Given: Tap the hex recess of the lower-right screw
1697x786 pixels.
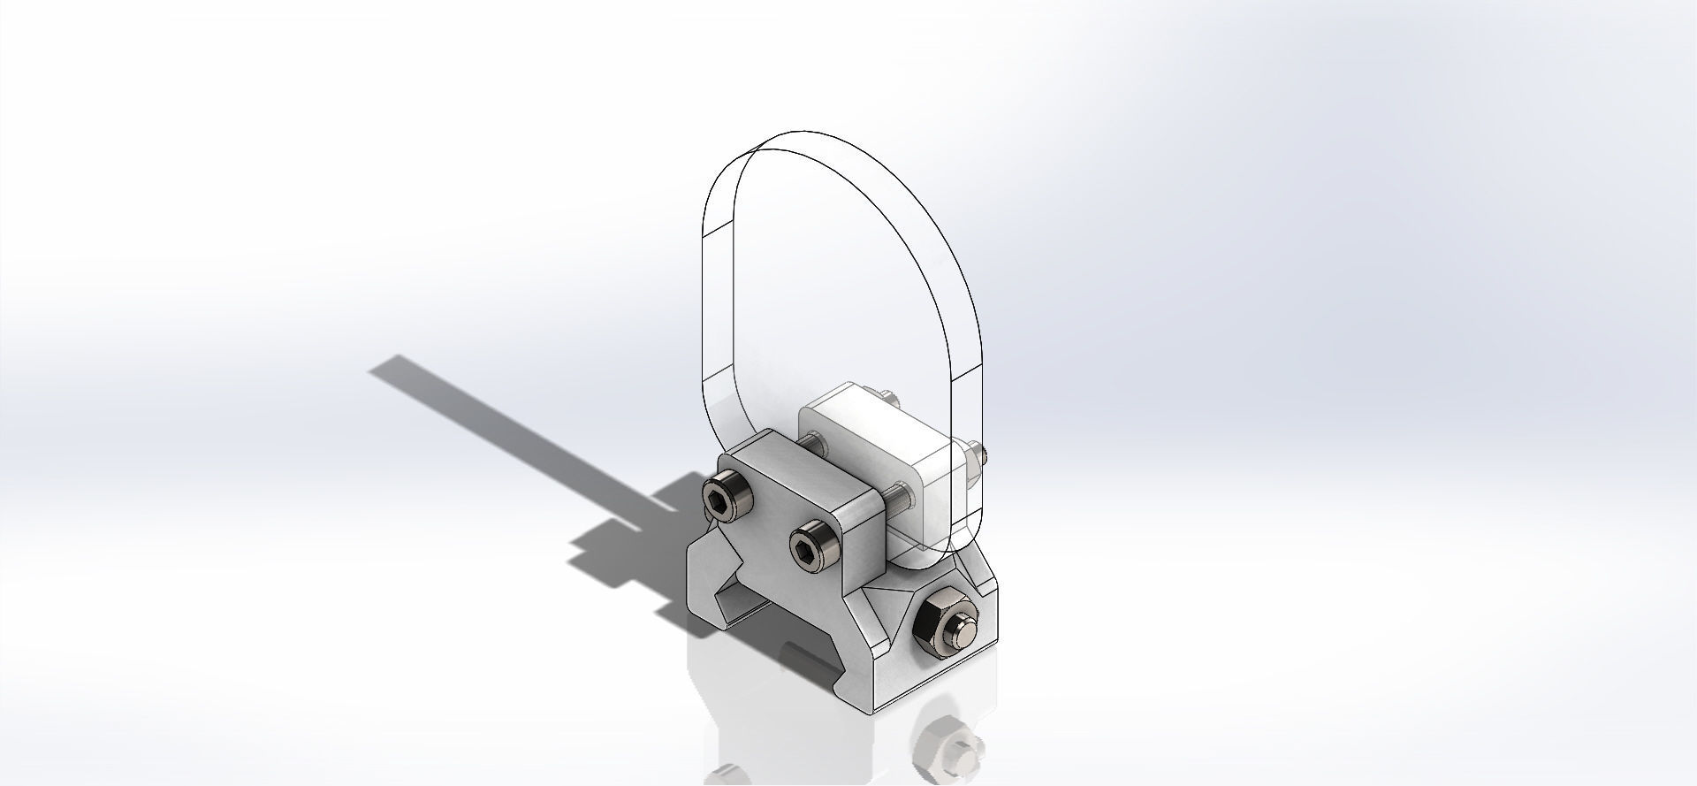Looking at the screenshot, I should [x=805, y=556].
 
